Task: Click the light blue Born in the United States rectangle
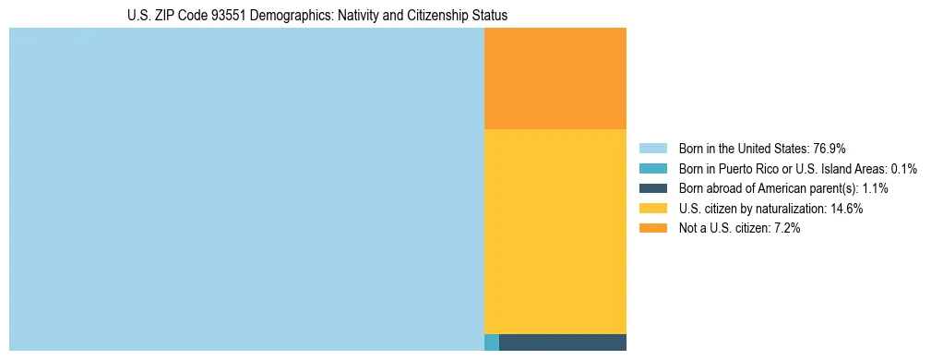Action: (246, 189)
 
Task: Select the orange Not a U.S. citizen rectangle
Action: (555, 78)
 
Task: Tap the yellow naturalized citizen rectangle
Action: (555, 231)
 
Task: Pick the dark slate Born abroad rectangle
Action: (563, 342)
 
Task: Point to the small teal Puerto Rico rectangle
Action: (492, 342)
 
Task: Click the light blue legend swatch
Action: (652, 149)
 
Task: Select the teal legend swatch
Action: (652, 169)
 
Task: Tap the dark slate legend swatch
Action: (652, 188)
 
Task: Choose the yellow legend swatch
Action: (652, 209)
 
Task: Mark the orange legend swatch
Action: (652, 229)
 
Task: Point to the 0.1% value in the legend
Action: (903, 169)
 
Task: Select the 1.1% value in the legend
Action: (872, 188)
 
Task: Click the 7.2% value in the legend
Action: (785, 229)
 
